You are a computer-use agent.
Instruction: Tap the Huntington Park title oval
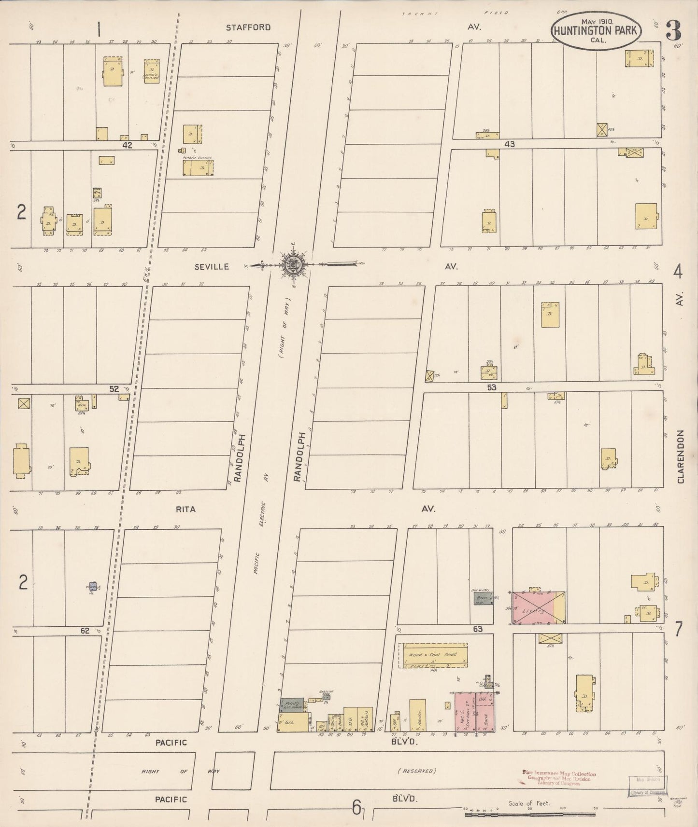[598, 30]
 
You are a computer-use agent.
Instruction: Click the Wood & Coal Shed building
[433, 655]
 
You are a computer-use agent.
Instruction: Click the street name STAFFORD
[248, 28]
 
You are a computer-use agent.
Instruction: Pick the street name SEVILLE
[212, 266]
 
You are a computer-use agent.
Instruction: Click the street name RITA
[186, 509]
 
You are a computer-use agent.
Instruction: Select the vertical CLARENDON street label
[681, 456]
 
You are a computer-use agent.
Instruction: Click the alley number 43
[510, 144]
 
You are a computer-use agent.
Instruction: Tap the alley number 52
[114, 388]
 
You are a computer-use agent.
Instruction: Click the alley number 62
[85, 630]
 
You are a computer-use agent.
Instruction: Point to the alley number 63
[478, 629]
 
